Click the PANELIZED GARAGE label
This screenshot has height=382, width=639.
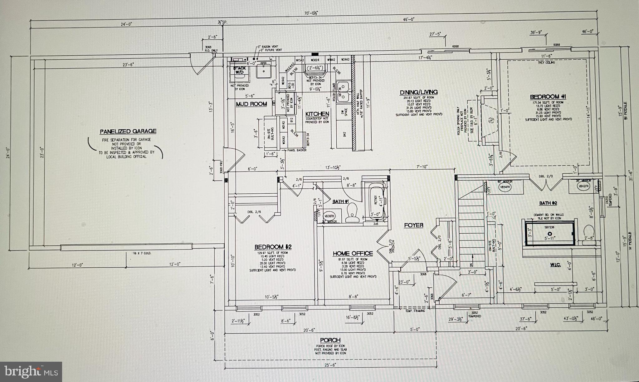(x=128, y=131)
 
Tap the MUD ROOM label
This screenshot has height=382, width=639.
(x=251, y=104)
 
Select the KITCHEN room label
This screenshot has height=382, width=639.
(x=317, y=114)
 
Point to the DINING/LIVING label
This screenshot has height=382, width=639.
(x=419, y=92)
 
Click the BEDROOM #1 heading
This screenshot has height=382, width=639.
(x=548, y=97)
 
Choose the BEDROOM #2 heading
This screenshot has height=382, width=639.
(x=273, y=247)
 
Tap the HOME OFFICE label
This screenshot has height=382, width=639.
(x=353, y=253)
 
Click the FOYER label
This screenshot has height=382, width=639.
(x=414, y=225)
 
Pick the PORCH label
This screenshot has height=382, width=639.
(x=330, y=340)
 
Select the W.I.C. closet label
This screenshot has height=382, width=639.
(x=555, y=265)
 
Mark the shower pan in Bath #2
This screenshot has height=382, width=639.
(x=550, y=234)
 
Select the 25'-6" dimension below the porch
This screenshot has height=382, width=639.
(x=330, y=364)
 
